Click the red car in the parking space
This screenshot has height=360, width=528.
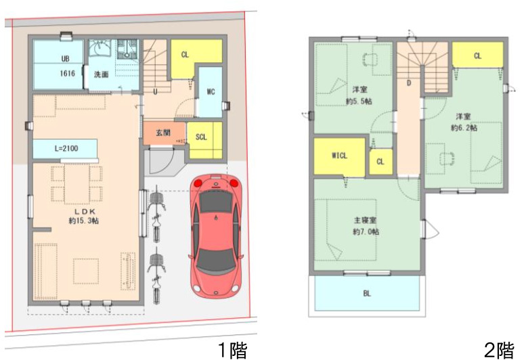coord(215,235)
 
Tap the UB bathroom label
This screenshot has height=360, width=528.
coord(66,59)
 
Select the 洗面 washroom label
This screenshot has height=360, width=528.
coord(101,74)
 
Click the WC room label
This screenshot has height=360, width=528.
coord(211,91)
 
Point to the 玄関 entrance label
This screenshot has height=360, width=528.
coord(163,133)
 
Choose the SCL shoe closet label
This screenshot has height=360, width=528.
coord(201,137)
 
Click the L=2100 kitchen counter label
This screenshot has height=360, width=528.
coord(66,148)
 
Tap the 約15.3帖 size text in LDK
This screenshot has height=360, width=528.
coord(84,221)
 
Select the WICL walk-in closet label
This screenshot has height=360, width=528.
coord(339,155)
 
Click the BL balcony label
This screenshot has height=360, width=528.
coord(367,293)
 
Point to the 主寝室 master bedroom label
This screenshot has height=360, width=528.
coord(365,220)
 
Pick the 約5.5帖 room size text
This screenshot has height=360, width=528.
coord(359,101)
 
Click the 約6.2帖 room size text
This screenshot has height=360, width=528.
coord(464,128)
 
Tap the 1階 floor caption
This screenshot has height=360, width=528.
coord(233,351)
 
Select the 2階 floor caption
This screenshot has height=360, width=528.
coord(500,351)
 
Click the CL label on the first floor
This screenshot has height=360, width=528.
coord(185,55)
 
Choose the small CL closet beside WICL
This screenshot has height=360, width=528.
coord(380,162)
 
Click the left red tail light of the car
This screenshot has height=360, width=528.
coord(198,183)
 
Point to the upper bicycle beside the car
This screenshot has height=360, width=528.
coord(156,214)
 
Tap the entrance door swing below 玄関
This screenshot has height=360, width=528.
coord(163,162)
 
